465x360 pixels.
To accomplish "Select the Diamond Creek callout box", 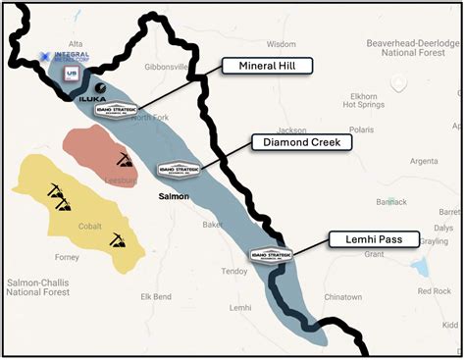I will point(301,142).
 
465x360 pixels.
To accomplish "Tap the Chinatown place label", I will point(342,295).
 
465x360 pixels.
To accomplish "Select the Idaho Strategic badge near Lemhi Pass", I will point(272,254).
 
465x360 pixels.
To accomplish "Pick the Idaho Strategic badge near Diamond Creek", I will point(179,170).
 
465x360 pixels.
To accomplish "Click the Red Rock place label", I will point(434,291).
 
